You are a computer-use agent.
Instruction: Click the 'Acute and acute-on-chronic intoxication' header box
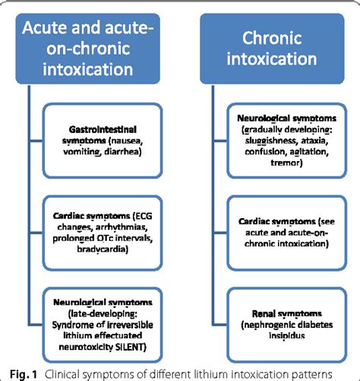88,49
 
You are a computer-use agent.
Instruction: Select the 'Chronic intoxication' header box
272,49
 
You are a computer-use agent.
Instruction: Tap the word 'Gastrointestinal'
103,129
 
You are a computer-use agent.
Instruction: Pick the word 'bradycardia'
103,249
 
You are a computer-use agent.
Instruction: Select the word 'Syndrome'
69,325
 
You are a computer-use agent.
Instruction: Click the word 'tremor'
285,163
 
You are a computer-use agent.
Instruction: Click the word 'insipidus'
287,335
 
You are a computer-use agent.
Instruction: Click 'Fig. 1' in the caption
24,374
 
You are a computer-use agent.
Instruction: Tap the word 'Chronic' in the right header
272,38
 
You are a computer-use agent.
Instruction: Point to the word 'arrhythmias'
122,227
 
